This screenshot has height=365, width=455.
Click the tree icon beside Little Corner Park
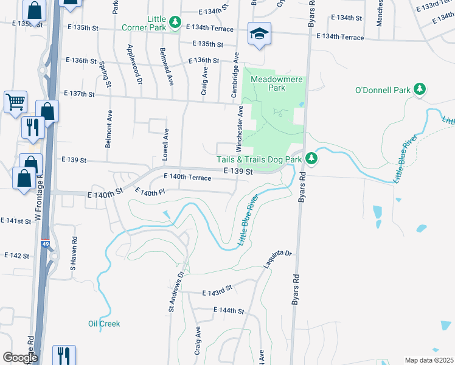175,22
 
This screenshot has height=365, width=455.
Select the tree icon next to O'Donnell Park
419,90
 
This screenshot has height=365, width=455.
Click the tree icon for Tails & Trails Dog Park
311,159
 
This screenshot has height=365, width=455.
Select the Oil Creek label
104,324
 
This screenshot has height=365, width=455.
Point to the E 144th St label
229,311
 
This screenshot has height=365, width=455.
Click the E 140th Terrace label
188,177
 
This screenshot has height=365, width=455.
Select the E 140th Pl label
150,192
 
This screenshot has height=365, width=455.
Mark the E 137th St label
79,94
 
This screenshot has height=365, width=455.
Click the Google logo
20,358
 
